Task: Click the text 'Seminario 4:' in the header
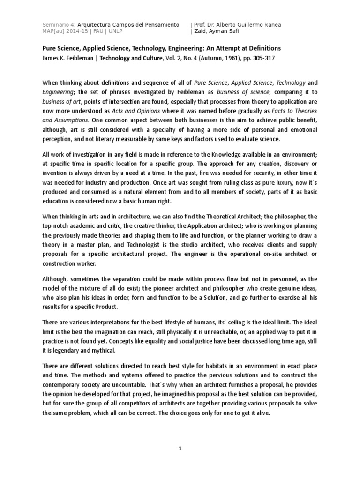tap(59, 24)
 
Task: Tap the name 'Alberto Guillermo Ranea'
tap(251, 24)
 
